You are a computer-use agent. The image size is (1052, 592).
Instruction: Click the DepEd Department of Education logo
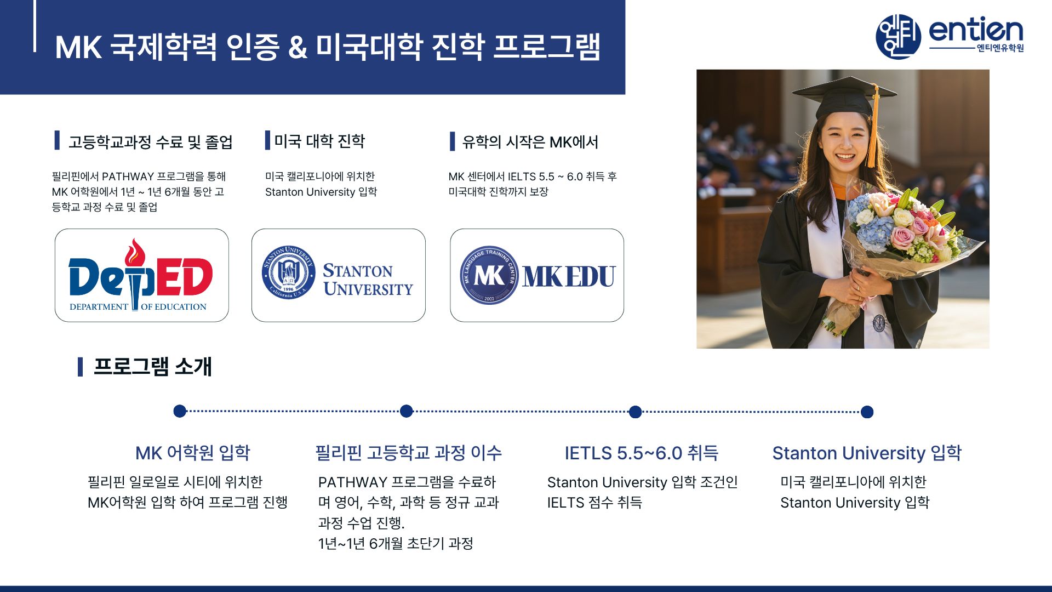[x=141, y=275]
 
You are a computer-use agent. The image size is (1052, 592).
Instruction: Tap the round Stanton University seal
[x=288, y=272]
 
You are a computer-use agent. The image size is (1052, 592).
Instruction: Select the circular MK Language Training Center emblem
[x=489, y=275]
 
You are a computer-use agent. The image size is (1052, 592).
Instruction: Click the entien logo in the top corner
[x=950, y=36]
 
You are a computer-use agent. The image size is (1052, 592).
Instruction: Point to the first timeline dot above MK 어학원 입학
[x=180, y=411]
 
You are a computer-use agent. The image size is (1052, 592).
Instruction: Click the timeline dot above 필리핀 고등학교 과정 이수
[x=406, y=411]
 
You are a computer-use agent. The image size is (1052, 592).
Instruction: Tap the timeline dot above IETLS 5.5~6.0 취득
[x=635, y=412]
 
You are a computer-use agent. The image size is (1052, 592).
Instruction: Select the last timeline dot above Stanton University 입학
[x=867, y=412]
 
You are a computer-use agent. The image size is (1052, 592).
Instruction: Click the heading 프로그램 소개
[x=152, y=366]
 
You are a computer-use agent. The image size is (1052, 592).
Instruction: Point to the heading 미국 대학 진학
[x=319, y=141]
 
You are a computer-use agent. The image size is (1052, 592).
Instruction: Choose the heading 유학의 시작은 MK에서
[x=530, y=142]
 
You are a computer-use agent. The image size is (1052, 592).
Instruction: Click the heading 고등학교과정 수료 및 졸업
[x=151, y=142]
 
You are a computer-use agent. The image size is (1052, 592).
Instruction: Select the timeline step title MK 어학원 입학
[x=193, y=453]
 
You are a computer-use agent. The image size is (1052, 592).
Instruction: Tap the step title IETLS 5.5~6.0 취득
[x=642, y=453]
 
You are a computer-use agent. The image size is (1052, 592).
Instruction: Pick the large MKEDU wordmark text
[x=569, y=276]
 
